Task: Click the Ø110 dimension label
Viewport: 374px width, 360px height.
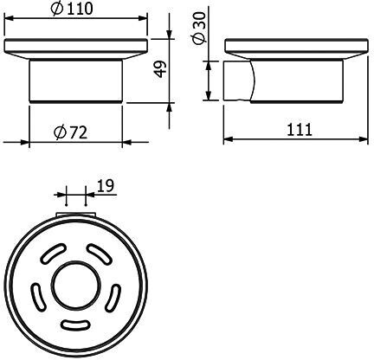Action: pos(72,9)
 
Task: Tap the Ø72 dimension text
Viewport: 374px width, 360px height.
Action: pos(71,132)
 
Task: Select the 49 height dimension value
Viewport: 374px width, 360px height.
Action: pos(160,69)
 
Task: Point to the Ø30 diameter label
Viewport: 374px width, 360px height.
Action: pos(200,28)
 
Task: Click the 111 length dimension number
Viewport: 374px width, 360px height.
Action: pos(300,130)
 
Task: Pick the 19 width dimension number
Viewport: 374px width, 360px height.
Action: pos(106,186)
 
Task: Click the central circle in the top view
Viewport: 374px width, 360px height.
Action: pos(76,285)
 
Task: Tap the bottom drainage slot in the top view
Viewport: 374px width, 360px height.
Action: pos(75,325)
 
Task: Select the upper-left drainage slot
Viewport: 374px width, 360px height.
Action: pos(53,253)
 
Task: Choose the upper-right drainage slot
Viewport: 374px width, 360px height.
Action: pos(100,254)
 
